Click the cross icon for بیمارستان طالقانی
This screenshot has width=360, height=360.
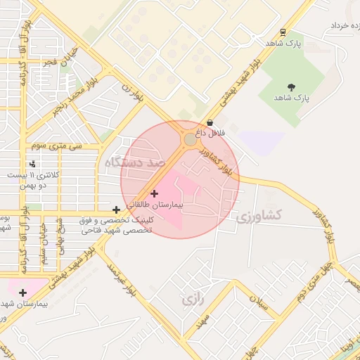tap(155, 193)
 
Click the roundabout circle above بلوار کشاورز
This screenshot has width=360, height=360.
tap(191, 140)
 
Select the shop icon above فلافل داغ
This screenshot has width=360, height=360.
tap(210, 122)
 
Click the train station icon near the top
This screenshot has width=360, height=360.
tap(283, 32)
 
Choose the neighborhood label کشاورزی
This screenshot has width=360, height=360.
tap(258, 215)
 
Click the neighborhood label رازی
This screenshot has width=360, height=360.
tap(193, 300)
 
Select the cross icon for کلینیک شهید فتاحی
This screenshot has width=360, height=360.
tap(116, 210)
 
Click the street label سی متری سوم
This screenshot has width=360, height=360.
tap(56, 146)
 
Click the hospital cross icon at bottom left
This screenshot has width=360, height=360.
tap(23, 292)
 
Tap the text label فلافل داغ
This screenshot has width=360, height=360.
tap(210, 132)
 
